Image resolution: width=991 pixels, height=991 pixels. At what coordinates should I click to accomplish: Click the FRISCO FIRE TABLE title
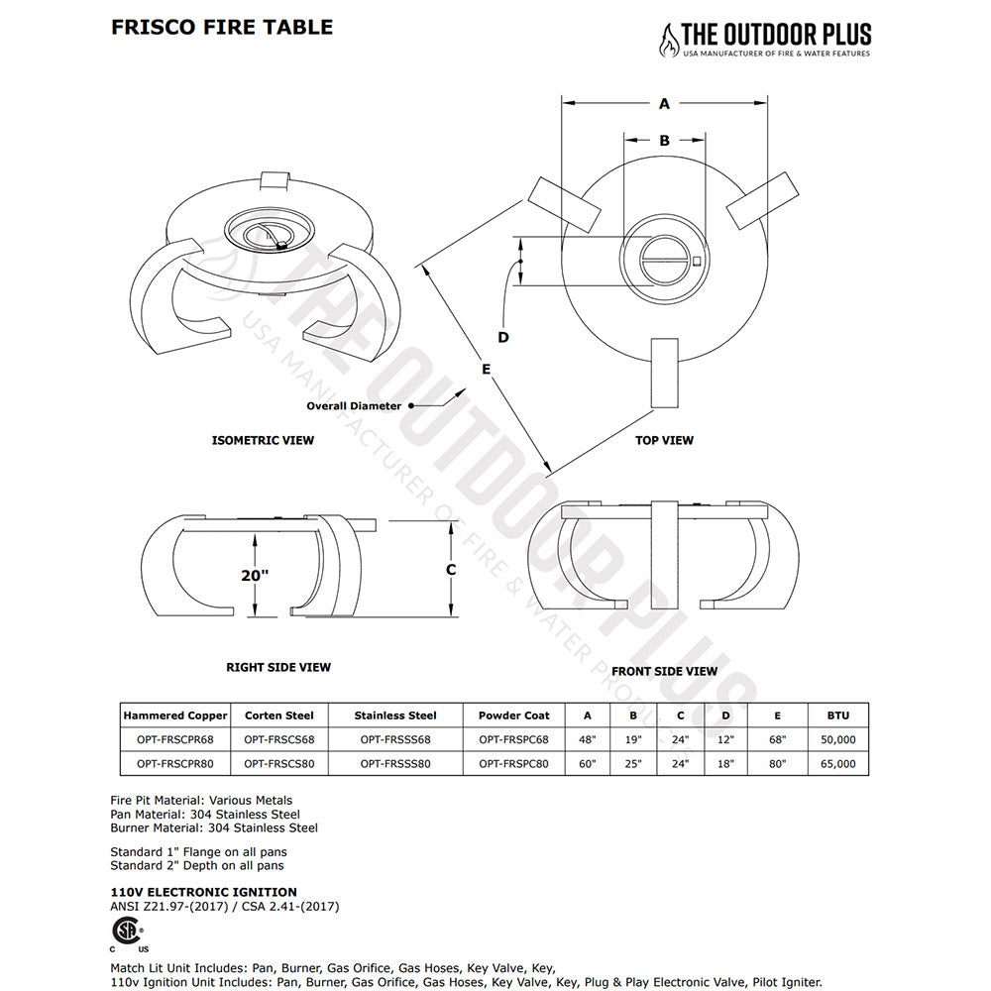[x=221, y=27]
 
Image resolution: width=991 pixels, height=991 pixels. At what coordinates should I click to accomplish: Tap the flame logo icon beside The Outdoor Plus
[x=670, y=40]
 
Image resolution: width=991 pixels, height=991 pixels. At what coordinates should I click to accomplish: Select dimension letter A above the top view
[x=664, y=103]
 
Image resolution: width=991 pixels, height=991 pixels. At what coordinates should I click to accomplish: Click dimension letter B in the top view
[x=664, y=141]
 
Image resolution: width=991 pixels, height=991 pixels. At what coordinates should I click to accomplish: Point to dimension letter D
[x=503, y=338]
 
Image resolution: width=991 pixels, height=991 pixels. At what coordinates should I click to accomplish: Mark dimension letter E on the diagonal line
[x=486, y=369]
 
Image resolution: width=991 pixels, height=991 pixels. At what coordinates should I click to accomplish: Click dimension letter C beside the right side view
[x=451, y=570]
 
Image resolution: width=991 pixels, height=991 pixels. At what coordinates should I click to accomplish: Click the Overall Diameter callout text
[x=354, y=405]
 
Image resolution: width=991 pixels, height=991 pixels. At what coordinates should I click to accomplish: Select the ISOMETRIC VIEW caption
[x=263, y=440]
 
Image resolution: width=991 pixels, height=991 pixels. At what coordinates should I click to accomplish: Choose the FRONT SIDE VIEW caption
[x=664, y=671]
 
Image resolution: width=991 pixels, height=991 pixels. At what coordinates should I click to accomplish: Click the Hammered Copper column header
[x=175, y=715]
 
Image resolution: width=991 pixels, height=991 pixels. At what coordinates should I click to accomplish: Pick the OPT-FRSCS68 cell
[x=279, y=739]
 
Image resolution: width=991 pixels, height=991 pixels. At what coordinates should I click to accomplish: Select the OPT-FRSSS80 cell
[x=394, y=764]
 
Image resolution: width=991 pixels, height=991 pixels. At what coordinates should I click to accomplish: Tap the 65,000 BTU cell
[x=837, y=764]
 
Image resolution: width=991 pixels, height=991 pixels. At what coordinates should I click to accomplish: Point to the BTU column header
[x=837, y=715]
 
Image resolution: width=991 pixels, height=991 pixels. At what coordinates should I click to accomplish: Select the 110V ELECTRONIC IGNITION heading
[x=203, y=892]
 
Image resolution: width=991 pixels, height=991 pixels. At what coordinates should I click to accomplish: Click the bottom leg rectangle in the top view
[x=663, y=372]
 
